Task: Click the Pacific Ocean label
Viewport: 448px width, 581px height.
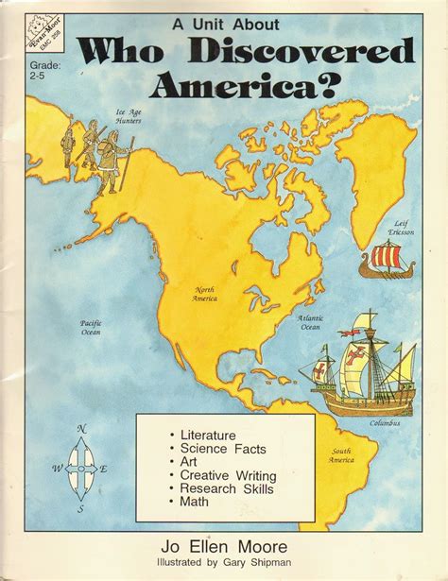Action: point(92,327)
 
